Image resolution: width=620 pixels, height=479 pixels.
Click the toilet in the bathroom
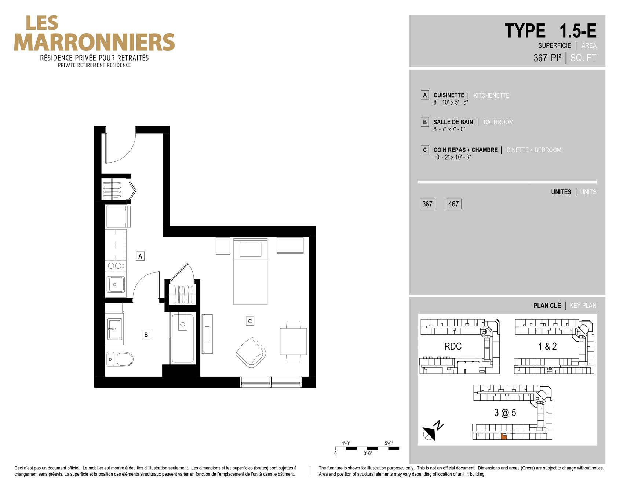click(120, 359)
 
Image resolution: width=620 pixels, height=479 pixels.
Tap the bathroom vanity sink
click(114, 329)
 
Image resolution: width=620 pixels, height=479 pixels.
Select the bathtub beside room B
click(183, 338)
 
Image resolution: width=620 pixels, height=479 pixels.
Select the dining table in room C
click(293, 341)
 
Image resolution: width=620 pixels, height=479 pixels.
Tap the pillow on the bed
click(250, 249)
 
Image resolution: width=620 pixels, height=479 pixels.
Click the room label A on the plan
click(140, 256)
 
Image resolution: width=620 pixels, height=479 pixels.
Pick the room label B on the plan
click(146, 334)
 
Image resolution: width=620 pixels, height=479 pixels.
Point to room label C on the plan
click(250, 321)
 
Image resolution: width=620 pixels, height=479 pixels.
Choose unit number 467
click(453, 204)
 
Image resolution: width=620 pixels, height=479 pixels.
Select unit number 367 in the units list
click(427, 204)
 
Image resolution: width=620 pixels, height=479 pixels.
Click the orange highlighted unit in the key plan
click(504, 436)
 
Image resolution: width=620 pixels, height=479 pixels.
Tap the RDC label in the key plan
click(453, 346)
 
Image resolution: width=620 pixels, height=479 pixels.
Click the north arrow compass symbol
click(432, 431)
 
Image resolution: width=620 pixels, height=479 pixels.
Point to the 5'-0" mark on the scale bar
click(389, 443)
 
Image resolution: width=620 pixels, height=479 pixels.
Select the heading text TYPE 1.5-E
click(550, 31)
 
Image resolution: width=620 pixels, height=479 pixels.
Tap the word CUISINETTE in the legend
click(449, 95)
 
